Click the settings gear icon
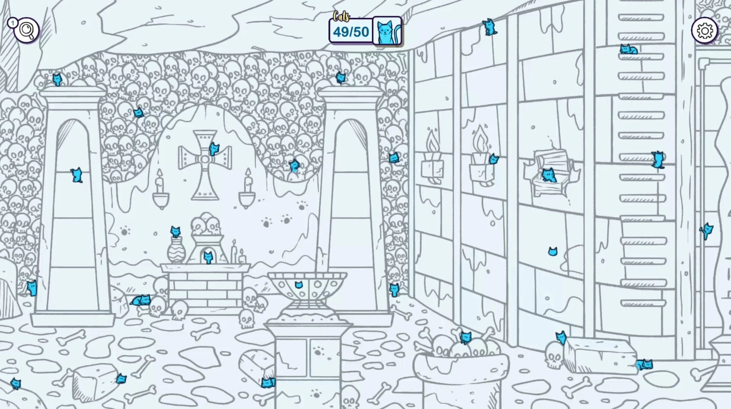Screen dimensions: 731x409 [704, 30]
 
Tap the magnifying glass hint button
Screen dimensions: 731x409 [27, 30]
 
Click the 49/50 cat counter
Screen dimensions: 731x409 [351, 32]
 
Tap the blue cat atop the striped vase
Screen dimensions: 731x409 [175, 231]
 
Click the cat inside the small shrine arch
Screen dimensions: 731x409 [208, 258]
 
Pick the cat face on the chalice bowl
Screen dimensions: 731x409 [299, 285]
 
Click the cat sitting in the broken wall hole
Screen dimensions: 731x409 [549, 175]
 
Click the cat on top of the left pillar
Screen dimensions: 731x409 [57, 79]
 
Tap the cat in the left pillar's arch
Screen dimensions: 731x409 [77, 175]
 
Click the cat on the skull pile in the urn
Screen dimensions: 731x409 [466, 338]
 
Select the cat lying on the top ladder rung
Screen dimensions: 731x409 [628, 49]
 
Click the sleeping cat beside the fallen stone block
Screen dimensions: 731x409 [644, 364]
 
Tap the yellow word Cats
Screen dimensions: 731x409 [341, 17]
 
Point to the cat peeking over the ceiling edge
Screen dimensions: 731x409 [489, 27]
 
